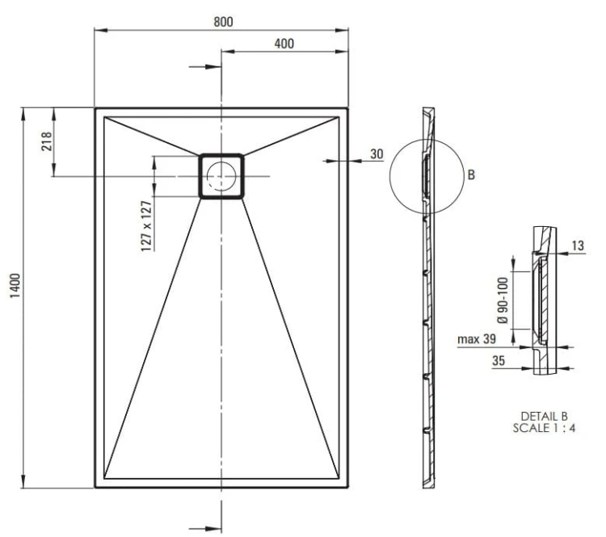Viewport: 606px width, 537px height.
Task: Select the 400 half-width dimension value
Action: point(284,44)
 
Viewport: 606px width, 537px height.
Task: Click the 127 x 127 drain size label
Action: point(146,225)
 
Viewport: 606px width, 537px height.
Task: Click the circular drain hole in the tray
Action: point(221,175)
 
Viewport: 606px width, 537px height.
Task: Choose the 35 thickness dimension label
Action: point(499,361)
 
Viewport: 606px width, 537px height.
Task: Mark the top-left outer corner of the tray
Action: point(95,108)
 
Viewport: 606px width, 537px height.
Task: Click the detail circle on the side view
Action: point(425,175)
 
